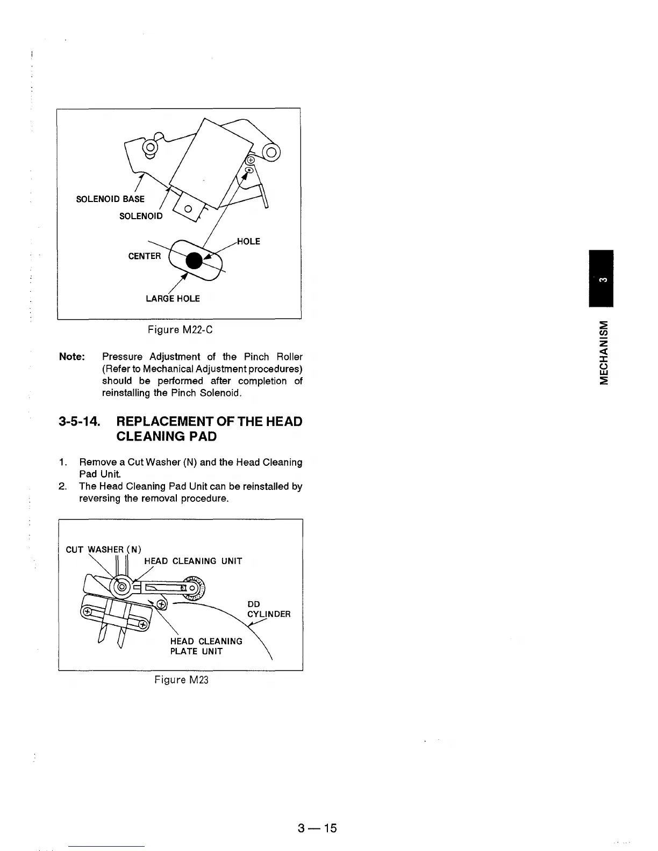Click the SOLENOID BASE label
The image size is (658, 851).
click(x=110, y=199)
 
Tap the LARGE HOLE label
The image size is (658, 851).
click(x=173, y=299)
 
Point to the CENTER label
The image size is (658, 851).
click(x=144, y=256)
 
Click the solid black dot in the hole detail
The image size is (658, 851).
click(x=194, y=260)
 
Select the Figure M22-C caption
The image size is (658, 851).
click(x=180, y=329)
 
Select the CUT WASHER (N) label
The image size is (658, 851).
click(x=103, y=549)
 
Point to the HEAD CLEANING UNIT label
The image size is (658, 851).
click(x=193, y=561)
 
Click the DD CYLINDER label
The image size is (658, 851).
click(x=268, y=609)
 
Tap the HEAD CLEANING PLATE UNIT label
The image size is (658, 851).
click(x=206, y=646)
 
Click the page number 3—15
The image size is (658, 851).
click(x=317, y=828)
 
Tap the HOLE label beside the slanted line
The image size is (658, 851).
click(x=248, y=242)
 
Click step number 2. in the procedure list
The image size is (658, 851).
click(x=62, y=487)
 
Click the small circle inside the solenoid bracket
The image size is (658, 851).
click(x=188, y=209)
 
